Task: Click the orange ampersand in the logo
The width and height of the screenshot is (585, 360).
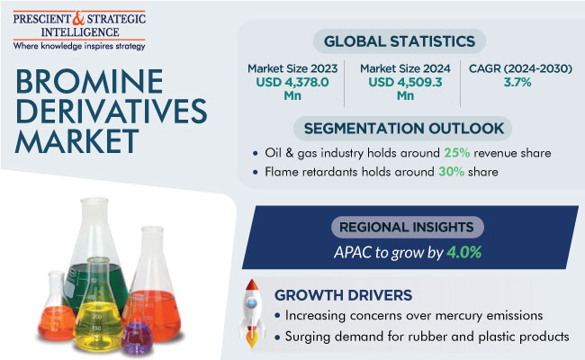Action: (x=78, y=18)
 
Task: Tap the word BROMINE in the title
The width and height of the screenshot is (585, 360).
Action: (x=89, y=81)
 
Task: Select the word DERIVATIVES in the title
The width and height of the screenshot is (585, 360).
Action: (x=112, y=112)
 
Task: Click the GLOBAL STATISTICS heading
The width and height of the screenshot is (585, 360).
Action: (x=400, y=41)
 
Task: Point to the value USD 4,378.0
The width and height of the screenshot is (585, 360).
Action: (x=292, y=82)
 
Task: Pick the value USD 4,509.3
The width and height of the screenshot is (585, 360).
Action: (x=405, y=82)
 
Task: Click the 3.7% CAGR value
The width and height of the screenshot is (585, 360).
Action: (x=517, y=82)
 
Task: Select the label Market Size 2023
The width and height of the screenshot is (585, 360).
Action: (x=292, y=68)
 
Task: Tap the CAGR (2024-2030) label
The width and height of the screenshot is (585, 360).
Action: (x=520, y=68)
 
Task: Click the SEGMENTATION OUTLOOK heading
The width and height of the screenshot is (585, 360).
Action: (x=404, y=129)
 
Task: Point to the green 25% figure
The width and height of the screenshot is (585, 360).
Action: (x=456, y=153)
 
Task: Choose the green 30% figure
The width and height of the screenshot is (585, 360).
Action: (x=452, y=172)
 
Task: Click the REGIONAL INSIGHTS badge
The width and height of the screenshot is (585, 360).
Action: (x=408, y=227)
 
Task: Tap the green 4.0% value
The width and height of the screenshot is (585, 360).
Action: (x=464, y=253)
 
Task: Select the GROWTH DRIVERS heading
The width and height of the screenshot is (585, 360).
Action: (x=343, y=295)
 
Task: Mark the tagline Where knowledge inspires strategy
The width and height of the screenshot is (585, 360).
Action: (x=79, y=46)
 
